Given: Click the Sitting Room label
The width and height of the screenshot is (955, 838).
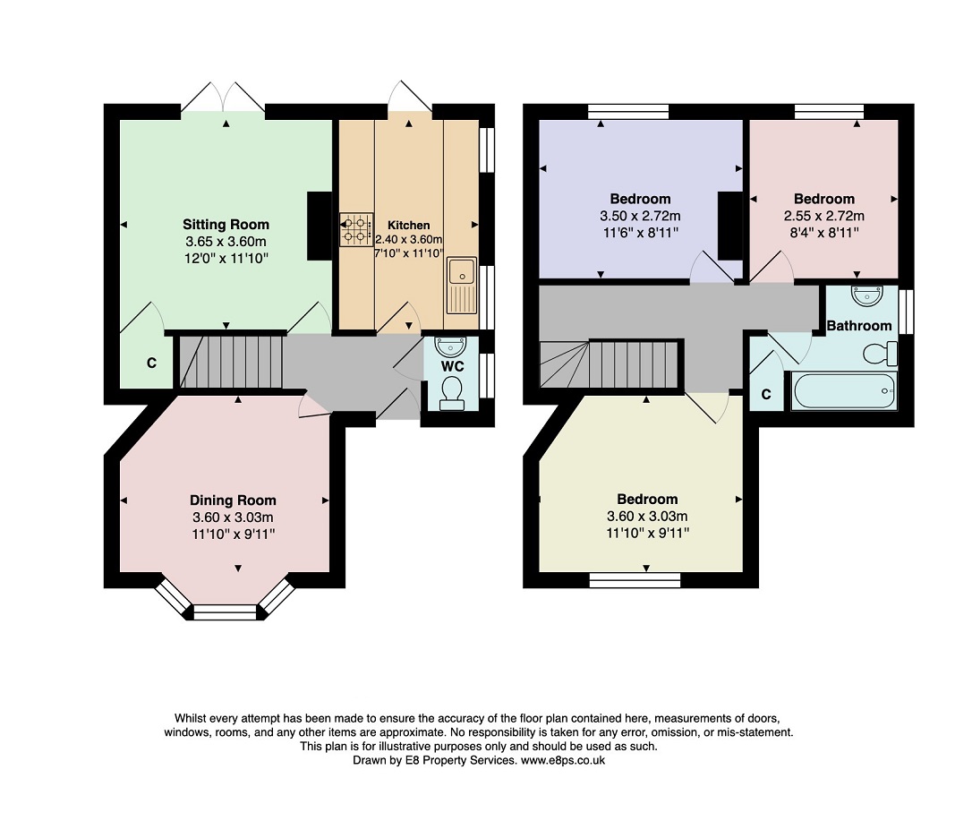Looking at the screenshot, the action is pyautogui.click(x=226, y=225).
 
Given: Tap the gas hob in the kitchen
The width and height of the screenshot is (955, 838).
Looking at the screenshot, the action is pyautogui.click(x=356, y=229).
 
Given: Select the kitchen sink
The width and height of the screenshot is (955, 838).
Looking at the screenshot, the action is pyautogui.click(x=462, y=286).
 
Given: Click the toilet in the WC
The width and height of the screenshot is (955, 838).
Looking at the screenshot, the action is pyautogui.click(x=452, y=393).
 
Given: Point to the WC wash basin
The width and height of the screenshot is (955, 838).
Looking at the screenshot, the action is pyautogui.click(x=451, y=346).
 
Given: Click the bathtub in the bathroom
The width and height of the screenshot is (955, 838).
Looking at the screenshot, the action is pyautogui.click(x=844, y=390).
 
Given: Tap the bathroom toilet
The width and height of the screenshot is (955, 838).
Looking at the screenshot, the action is pyautogui.click(x=880, y=354).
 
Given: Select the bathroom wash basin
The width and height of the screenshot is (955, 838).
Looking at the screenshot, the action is pyautogui.click(x=867, y=295).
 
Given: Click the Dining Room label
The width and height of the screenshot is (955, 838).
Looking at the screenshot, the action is pyautogui.click(x=234, y=500).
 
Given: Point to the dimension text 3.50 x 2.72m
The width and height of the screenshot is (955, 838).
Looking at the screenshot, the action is pyautogui.click(x=640, y=216).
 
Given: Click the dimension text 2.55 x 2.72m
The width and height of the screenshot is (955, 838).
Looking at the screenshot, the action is pyautogui.click(x=824, y=216).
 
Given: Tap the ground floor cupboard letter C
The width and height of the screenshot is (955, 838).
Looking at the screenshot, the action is pyautogui.click(x=151, y=363).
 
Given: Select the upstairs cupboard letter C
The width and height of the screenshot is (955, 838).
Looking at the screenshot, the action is pyautogui.click(x=766, y=394).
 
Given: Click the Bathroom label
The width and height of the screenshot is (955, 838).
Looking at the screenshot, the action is pyautogui.click(x=859, y=326).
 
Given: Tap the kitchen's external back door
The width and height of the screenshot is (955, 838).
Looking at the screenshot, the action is pyautogui.click(x=409, y=97).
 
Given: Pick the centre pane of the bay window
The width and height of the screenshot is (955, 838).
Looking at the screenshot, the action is pyautogui.click(x=226, y=612).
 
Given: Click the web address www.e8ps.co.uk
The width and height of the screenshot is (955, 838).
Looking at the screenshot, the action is pyautogui.click(x=563, y=760).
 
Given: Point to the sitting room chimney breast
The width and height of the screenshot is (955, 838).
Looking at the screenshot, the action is pyautogui.click(x=320, y=227).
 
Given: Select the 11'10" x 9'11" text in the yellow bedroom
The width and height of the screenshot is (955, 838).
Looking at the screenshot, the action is pyautogui.click(x=647, y=534).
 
